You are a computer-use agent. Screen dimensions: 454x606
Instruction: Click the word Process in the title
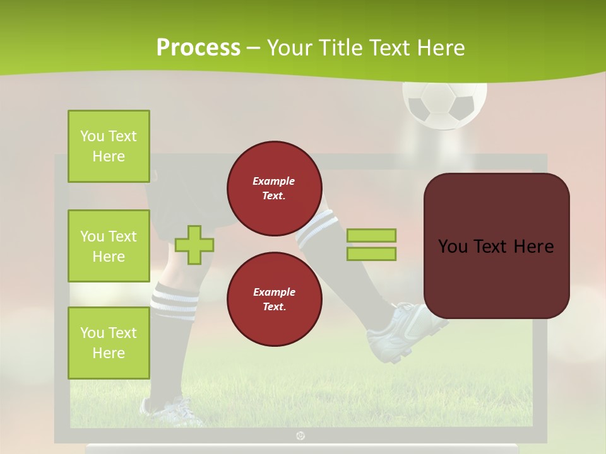[198, 47]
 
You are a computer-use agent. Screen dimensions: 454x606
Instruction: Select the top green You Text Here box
[109, 146]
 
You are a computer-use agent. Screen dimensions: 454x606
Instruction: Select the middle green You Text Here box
[109, 246]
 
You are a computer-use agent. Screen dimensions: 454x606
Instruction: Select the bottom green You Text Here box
[109, 343]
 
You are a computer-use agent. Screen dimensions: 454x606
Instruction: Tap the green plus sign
[194, 245]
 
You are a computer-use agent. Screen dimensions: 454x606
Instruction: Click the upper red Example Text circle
[275, 189]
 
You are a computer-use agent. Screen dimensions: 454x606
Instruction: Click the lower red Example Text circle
[275, 300]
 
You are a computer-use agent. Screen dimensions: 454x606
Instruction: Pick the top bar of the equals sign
[371, 235]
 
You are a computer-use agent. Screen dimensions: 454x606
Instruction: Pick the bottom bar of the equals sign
[371, 254]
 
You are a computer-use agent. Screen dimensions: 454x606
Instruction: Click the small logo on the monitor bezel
[300, 435]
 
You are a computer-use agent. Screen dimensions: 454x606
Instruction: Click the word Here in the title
[440, 47]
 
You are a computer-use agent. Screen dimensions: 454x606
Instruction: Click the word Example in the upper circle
[274, 181]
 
